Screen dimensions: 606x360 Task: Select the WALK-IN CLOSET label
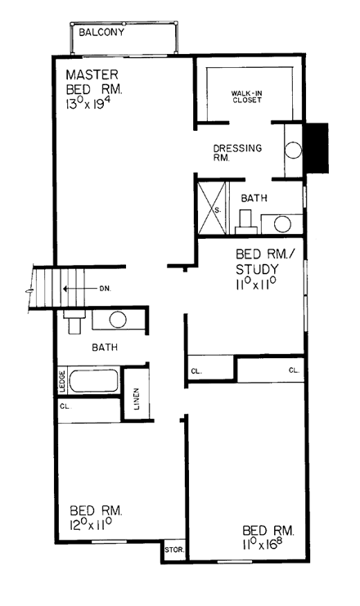coord(250,99)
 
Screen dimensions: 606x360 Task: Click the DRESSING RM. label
coord(237,153)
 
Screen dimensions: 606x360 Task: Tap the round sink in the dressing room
coord(294,149)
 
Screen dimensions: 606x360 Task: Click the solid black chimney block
coord(316,147)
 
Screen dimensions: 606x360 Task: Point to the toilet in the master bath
coord(245,219)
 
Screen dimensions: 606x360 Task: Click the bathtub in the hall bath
coord(94,382)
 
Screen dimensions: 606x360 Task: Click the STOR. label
coord(173,550)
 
